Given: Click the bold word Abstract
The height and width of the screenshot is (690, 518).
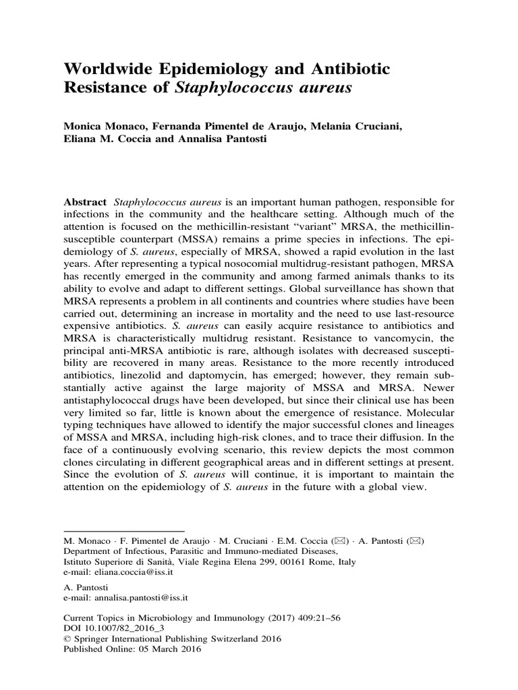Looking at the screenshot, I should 84,203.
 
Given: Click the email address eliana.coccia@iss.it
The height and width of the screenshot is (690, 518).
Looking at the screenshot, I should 126,571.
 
